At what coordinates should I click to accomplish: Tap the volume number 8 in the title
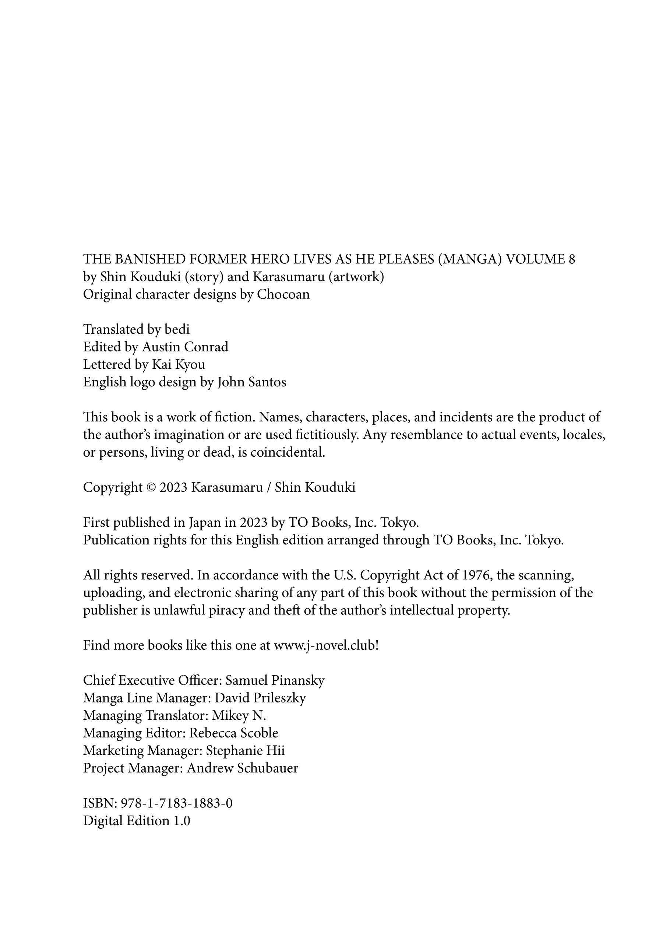[x=571, y=259]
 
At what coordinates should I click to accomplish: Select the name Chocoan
[x=283, y=294]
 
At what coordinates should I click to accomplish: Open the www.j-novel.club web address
[x=324, y=646]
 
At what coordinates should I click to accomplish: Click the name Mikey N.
[x=239, y=716]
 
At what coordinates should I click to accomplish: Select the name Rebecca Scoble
[x=234, y=733]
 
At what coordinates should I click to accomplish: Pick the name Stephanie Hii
[x=245, y=751]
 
